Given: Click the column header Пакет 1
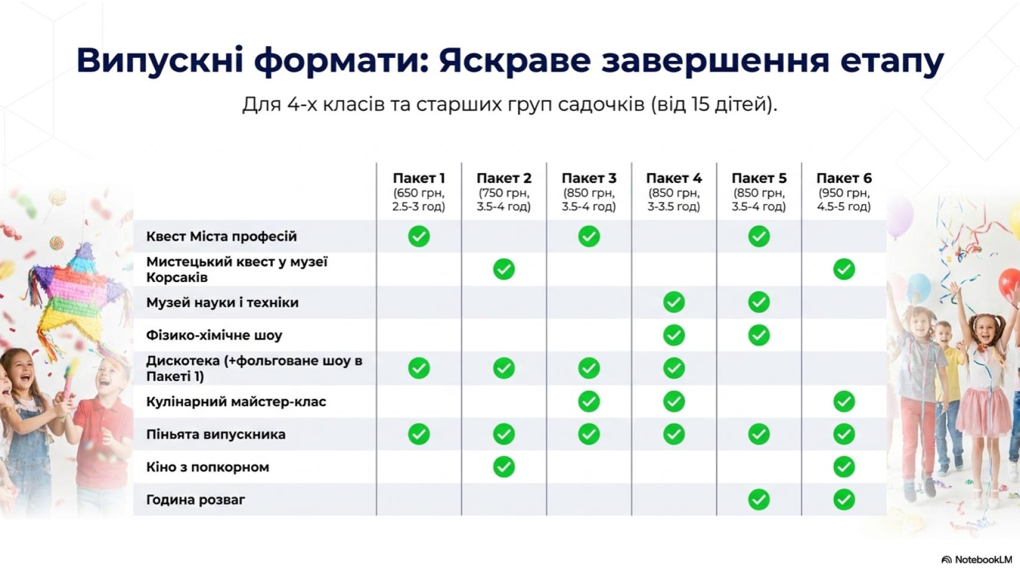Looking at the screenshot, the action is click(419, 178).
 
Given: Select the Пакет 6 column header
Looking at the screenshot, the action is click(844, 178).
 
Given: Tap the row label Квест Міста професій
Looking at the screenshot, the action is click(221, 237).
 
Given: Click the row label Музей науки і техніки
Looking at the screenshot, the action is click(222, 303).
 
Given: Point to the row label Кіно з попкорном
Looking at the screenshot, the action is click(207, 467).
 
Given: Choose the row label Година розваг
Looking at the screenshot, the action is click(196, 500).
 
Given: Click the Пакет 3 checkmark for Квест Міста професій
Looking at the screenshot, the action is click(589, 237).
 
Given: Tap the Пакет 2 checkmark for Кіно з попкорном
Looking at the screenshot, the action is click(503, 467).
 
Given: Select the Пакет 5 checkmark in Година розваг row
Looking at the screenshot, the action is click(759, 500).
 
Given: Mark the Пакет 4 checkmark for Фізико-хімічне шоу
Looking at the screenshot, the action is click(674, 335).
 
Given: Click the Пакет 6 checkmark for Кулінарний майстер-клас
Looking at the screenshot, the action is click(844, 402).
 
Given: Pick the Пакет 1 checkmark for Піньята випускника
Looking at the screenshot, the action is click(419, 434).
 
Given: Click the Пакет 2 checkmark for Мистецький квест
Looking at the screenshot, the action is click(503, 269).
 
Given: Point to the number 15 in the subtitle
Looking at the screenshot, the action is click(700, 104).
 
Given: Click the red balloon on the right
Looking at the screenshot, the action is click(1010, 283).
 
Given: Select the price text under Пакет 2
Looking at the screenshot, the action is click(503, 200).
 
